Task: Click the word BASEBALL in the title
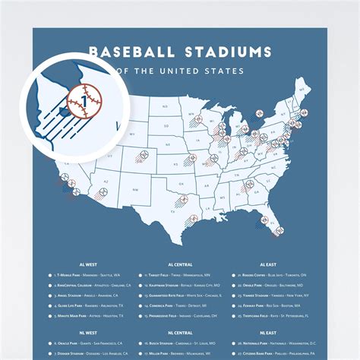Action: pos(128,52)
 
